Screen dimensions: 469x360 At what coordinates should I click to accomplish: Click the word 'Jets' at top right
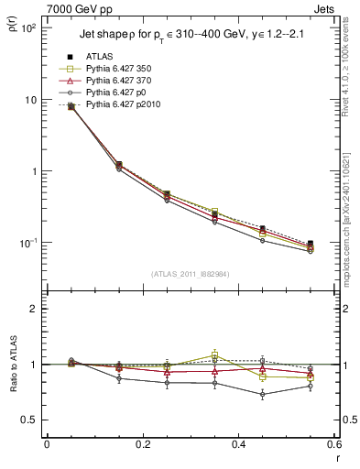tap(324, 8)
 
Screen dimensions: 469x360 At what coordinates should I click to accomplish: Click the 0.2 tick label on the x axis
tap(142, 444)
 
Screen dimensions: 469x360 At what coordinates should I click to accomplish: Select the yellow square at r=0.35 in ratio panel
tap(214, 354)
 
